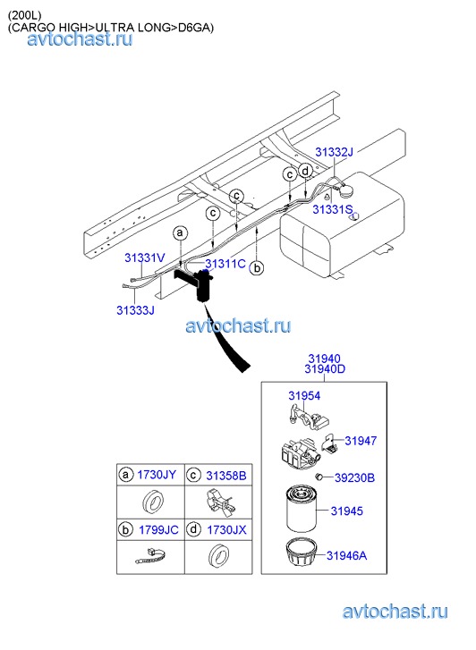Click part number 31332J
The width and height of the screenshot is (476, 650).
pyautogui.click(x=334, y=152)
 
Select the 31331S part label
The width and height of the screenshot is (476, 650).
pyautogui.click(x=333, y=209)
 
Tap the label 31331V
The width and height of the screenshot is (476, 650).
pyautogui.click(x=145, y=257)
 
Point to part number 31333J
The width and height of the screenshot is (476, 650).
pyautogui.click(x=135, y=310)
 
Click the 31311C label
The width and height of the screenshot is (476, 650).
pyautogui.click(x=225, y=264)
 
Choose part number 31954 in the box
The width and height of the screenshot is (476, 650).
pyautogui.click(x=304, y=396)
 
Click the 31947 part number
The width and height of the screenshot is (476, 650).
pyautogui.click(x=361, y=441)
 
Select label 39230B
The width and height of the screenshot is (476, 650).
pyautogui.click(x=355, y=478)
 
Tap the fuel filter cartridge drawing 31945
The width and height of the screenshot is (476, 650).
pyautogui.click(x=301, y=510)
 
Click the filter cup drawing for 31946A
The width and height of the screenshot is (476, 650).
pyautogui.click(x=301, y=553)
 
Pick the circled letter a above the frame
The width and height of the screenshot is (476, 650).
pyautogui.click(x=180, y=233)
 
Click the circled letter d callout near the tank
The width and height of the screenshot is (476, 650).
pyautogui.click(x=305, y=171)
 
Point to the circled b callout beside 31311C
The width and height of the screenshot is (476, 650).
pyautogui.click(x=258, y=268)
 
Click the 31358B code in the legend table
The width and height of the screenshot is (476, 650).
pyautogui.click(x=226, y=476)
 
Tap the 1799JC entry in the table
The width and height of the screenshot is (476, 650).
pyautogui.click(x=158, y=530)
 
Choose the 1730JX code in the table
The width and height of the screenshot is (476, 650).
pyautogui.click(x=226, y=530)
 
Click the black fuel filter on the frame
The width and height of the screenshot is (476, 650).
pyautogui.click(x=203, y=286)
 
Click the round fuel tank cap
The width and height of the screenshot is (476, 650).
pyautogui.click(x=345, y=191)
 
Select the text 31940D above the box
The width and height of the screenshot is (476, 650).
pyautogui.click(x=325, y=369)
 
